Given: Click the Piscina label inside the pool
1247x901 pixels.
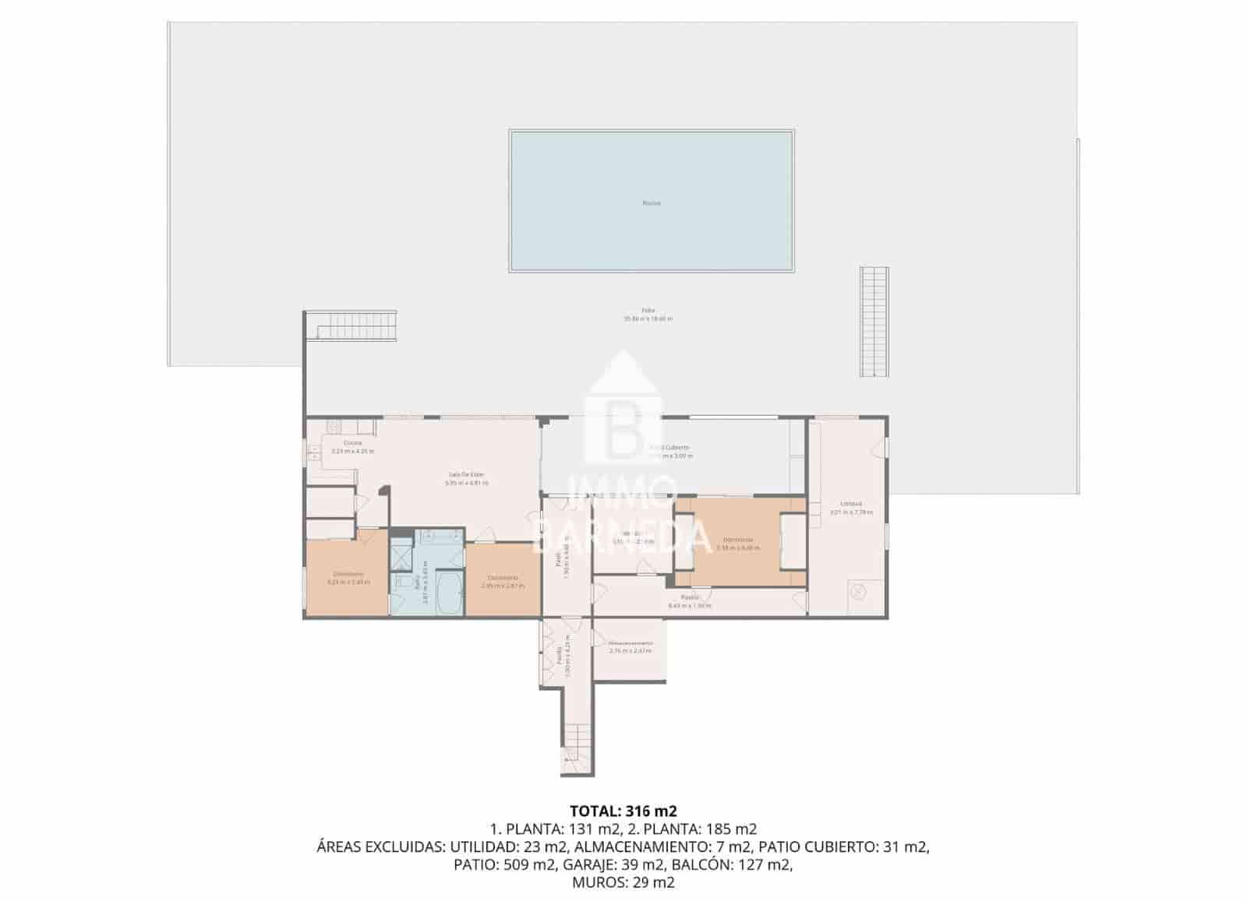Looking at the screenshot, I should click(x=652, y=203).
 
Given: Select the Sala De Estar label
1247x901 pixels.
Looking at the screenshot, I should click(x=466, y=475).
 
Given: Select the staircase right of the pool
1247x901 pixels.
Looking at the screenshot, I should click(x=874, y=322).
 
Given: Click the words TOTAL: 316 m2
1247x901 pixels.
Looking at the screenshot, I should click(x=617, y=811).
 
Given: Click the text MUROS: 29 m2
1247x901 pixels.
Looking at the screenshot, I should click(x=623, y=882).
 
